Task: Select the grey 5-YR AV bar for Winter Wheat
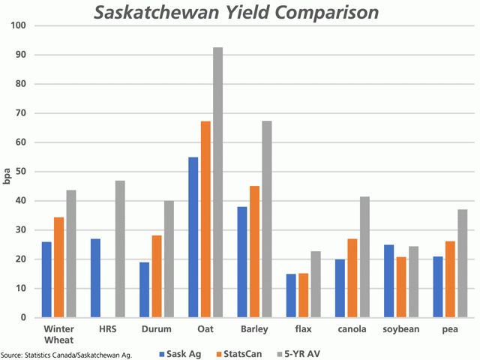click(70, 253)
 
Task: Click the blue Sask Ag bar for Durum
click(144, 289)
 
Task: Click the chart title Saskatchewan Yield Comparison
click(235, 13)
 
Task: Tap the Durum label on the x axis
click(156, 328)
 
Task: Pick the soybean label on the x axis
click(400, 328)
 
